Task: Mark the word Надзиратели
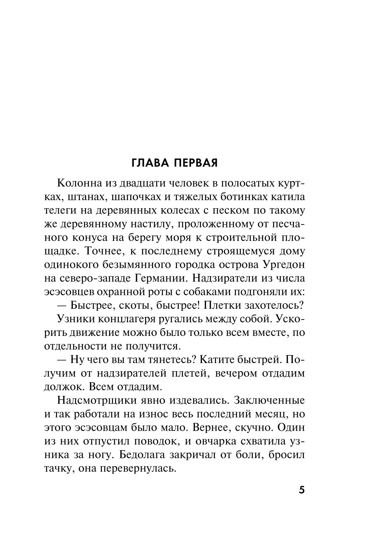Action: pyautogui.click(x=230, y=278)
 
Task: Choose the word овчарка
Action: pyautogui.click(x=219, y=441)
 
